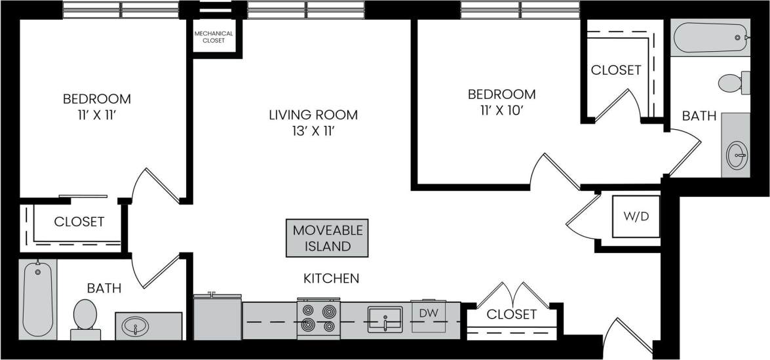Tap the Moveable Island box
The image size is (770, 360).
(327, 239)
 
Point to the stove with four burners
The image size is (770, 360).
(318, 318)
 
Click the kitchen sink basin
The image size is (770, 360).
(385, 317)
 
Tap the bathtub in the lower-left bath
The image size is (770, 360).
(38, 298)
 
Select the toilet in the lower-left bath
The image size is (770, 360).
(85, 317)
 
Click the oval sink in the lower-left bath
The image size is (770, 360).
(136, 325)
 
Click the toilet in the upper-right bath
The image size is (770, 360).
(733, 83)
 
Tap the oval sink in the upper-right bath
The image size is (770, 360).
(738, 155)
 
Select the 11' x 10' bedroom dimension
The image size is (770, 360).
(501, 110)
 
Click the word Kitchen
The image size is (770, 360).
(331, 278)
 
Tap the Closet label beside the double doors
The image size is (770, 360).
(512, 315)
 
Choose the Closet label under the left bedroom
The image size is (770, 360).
(79, 222)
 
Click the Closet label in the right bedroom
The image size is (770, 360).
(615, 70)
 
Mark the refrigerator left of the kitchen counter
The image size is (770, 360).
(217, 319)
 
